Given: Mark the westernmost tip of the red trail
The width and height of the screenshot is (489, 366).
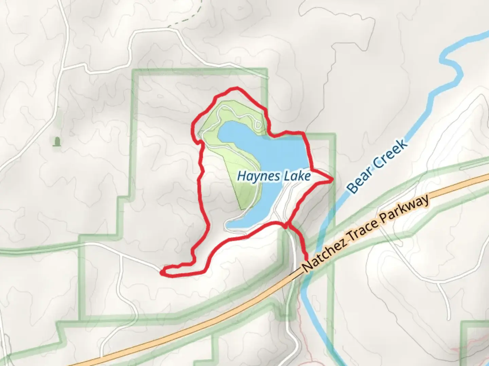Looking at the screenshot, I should tap(162, 271).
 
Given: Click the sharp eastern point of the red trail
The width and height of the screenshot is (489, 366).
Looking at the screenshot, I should tap(331, 180).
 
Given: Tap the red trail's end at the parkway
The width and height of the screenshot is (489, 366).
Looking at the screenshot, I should tap(307, 259).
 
